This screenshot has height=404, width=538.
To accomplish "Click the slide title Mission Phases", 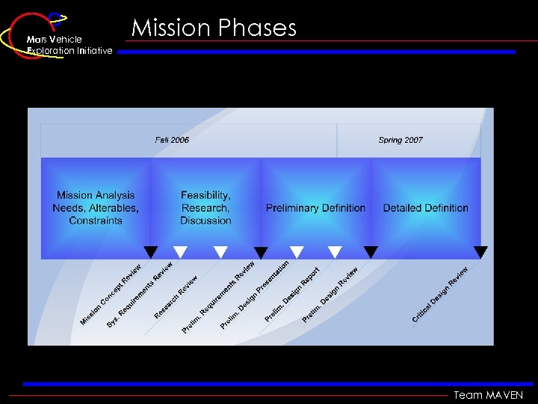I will [214, 28].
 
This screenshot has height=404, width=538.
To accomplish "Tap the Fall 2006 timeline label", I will [172, 140].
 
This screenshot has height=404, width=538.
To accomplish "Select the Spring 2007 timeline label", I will [401, 140].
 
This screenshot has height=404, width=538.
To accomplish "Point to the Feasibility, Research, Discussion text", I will [205, 208].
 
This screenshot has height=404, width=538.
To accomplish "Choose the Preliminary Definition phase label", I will [315, 208].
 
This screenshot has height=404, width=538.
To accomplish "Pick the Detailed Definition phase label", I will [425, 208].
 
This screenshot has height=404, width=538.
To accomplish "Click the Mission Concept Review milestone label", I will [111, 296].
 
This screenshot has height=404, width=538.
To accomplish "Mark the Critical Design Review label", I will [440, 294].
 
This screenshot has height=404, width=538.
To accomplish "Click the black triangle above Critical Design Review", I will [480, 252].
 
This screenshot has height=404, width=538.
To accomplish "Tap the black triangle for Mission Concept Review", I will [150, 252].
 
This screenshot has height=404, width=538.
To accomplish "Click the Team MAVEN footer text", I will [488, 395].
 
